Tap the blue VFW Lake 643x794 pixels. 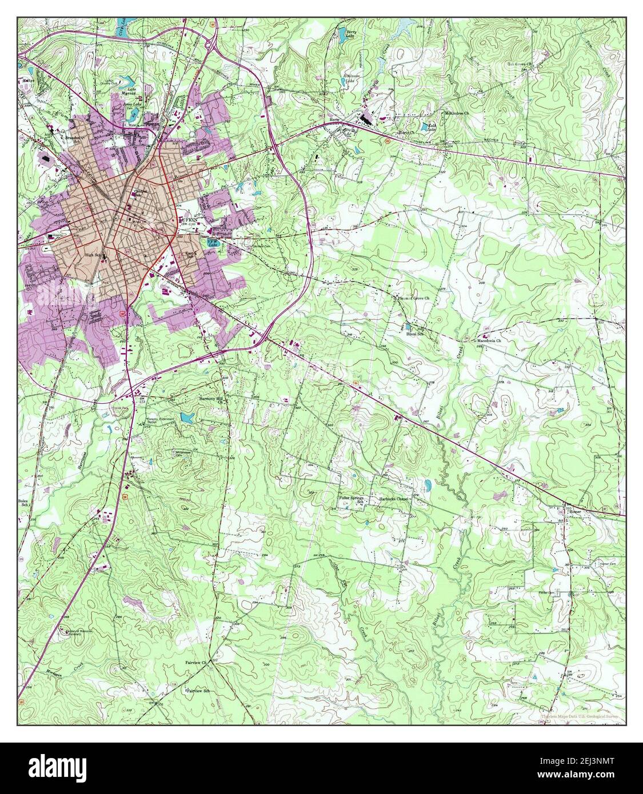tap(212, 242)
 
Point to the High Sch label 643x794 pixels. tap(93, 255)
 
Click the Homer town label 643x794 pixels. tap(574, 512)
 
